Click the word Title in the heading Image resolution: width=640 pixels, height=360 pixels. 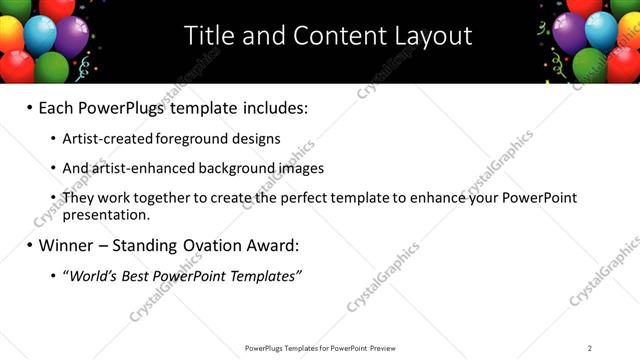[x=207, y=36]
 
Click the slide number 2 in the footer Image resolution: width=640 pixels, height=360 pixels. [x=590, y=348]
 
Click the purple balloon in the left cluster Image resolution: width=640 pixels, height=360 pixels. [x=70, y=36]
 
